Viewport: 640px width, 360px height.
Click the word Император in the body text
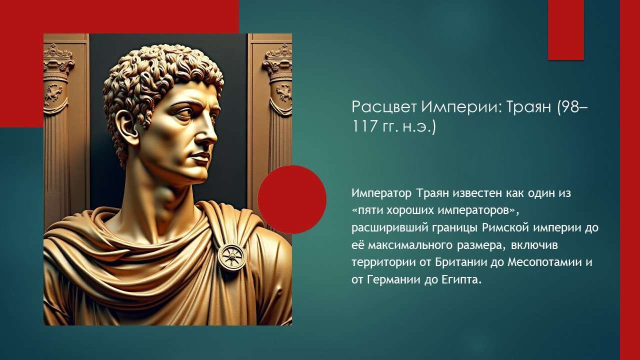tap(379, 192)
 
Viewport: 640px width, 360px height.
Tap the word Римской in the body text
tap(504, 227)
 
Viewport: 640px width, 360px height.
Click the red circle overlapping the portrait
tap(292, 199)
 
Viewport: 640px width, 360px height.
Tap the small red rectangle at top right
tap(565, 30)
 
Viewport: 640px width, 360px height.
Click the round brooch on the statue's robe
tap(232, 256)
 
